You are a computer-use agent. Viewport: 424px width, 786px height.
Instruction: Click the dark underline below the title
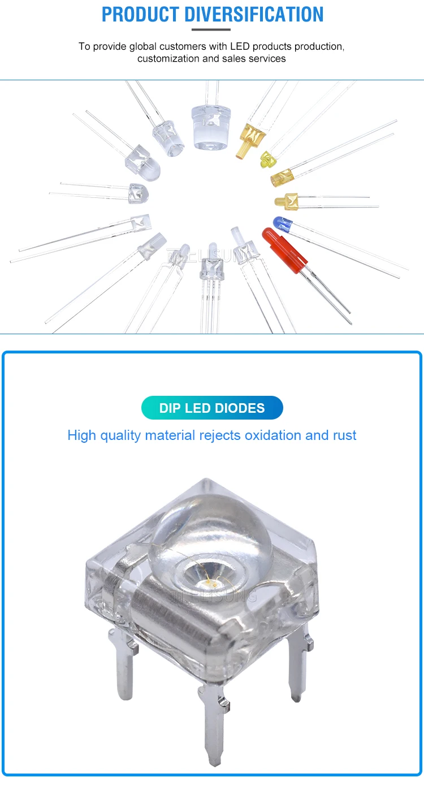(x=211, y=29)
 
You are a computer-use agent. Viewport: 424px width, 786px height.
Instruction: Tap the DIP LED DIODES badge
(x=212, y=408)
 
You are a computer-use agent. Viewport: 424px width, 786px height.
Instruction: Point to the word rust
(x=343, y=435)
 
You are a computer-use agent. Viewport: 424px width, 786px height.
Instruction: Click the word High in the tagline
(x=81, y=435)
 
